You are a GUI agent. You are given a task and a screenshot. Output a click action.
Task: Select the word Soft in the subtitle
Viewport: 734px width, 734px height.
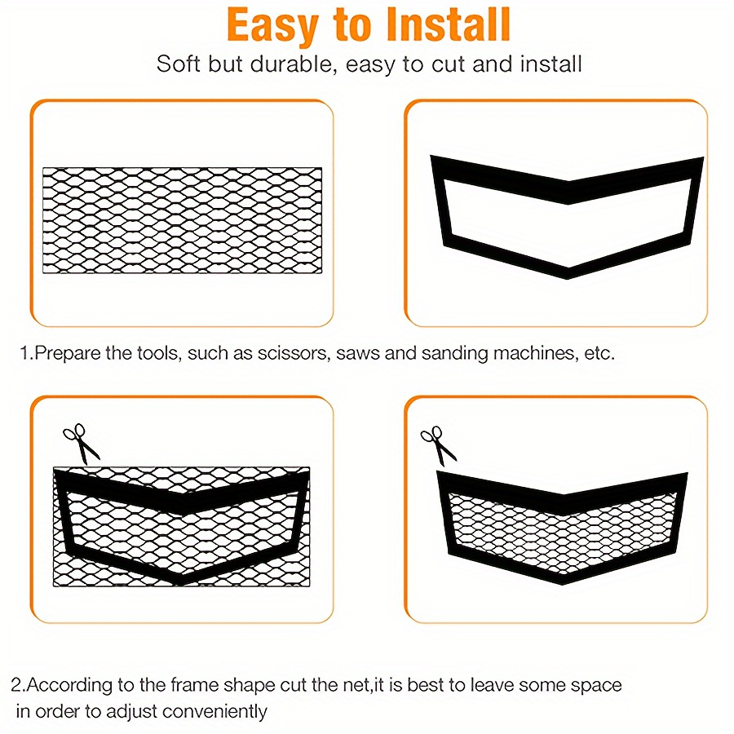178,64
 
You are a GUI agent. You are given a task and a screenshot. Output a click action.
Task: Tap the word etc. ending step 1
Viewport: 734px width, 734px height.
599,353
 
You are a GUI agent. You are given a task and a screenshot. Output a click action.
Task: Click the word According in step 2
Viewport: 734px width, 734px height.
69,685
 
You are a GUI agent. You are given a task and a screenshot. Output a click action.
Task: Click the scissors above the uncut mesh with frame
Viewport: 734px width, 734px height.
82,444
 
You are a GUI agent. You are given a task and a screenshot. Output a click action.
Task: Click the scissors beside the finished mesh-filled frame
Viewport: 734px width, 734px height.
439,445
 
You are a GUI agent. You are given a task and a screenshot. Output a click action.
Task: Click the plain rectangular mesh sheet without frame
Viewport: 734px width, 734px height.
182,220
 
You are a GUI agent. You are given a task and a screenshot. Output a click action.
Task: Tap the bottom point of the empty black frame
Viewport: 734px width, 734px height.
568,276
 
